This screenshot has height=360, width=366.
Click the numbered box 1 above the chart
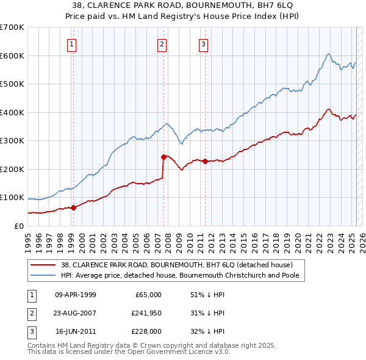72,43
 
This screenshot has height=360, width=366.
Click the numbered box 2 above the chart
162,43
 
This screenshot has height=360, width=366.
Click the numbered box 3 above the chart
203,43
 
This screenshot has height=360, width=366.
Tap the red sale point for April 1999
73,207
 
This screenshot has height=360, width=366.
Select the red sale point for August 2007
163,157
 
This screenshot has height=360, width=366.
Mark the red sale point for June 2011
205,161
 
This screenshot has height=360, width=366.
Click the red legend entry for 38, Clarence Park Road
177,265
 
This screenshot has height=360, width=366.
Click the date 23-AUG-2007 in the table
75,313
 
